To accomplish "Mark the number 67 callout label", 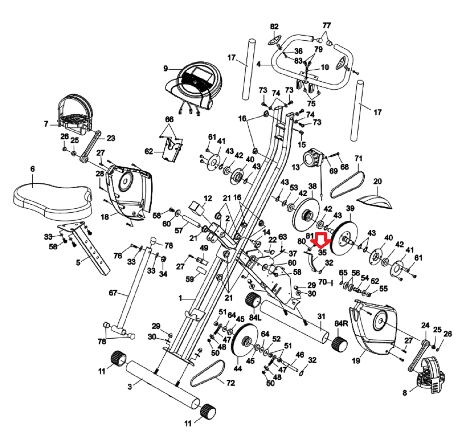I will (x=113, y=293).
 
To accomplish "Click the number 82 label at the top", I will (x=274, y=27).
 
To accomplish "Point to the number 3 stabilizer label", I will (x=129, y=386).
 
